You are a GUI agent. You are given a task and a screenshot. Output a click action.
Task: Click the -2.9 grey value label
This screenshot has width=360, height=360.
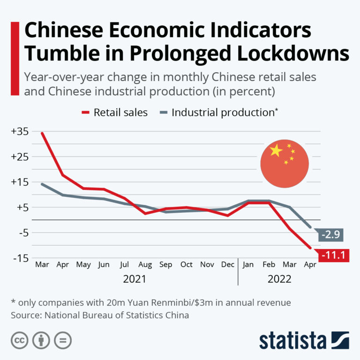click(332, 234)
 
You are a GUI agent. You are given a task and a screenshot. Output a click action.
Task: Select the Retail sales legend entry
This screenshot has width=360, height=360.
click(115, 112)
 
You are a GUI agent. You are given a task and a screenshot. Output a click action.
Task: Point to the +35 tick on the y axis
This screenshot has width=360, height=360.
click(19, 132)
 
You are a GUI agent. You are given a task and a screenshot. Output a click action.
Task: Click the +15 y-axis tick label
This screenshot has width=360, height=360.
click(19, 182)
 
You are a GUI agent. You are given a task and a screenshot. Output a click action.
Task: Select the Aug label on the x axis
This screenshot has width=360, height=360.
click(145, 265)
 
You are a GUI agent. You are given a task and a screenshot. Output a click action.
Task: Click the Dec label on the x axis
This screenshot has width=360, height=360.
click(227, 265)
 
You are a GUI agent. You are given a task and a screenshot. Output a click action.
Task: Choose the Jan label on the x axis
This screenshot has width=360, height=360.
click(248, 265)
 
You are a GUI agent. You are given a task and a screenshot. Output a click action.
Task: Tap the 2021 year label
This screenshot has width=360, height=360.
click(135, 279)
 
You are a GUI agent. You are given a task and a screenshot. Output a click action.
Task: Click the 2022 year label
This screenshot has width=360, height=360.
click(279, 279)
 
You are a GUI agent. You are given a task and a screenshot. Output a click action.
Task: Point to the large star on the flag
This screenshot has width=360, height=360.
click(276, 150)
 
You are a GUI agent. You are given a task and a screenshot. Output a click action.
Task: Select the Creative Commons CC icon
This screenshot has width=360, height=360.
click(19, 341)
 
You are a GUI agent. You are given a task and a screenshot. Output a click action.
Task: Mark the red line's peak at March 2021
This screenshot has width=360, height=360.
click(42, 133)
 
